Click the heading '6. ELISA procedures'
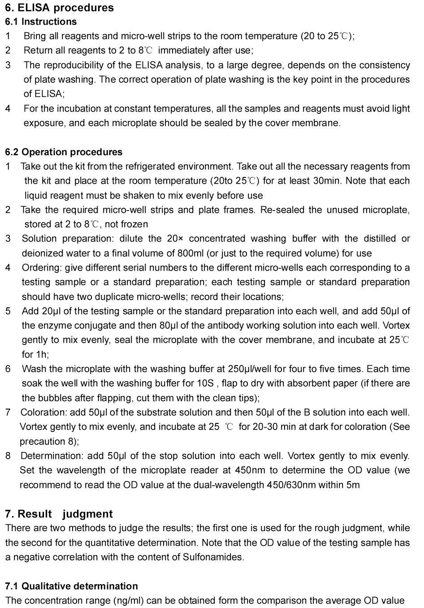[60, 8]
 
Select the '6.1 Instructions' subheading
[41, 22]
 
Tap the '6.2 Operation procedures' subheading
[64, 152]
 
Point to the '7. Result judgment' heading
[59, 514]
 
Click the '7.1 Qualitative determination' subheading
[72, 586]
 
